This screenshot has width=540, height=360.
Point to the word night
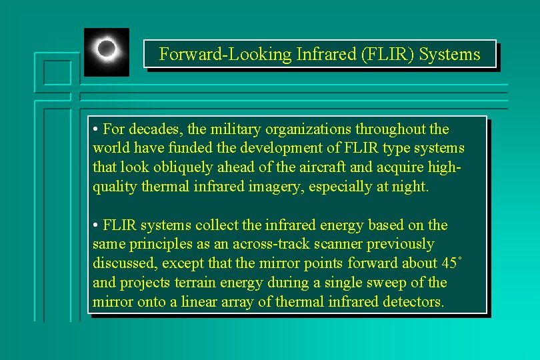tap(409, 187)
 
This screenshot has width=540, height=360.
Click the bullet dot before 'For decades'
tap(97, 129)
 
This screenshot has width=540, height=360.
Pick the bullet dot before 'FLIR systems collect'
tap(97, 225)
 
